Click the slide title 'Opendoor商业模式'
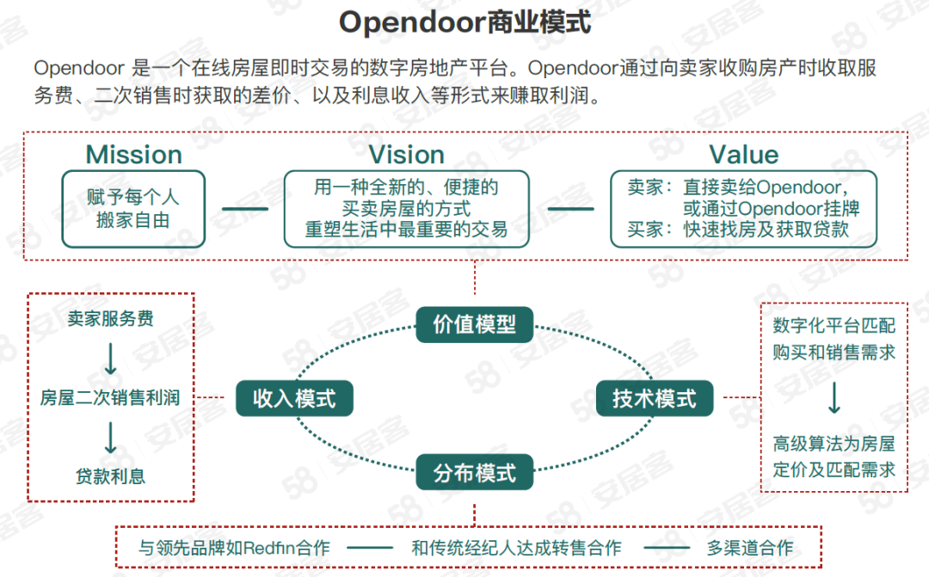(x=464, y=23)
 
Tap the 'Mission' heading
(x=134, y=155)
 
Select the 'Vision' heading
(x=406, y=155)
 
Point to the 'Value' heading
(x=743, y=155)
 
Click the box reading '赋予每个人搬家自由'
(x=134, y=209)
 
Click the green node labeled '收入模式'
(x=294, y=398)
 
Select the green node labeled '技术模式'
(x=654, y=398)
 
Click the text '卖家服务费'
(x=111, y=319)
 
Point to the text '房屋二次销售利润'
(x=110, y=398)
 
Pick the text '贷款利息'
(x=111, y=476)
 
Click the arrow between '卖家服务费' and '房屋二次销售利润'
(x=111, y=359)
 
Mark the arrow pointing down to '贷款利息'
(x=111, y=437)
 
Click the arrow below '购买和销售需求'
(x=834, y=397)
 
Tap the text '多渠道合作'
(x=750, y=548)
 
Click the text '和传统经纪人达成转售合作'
(x=516, y=548)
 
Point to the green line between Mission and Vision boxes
(x=244, y=208)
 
